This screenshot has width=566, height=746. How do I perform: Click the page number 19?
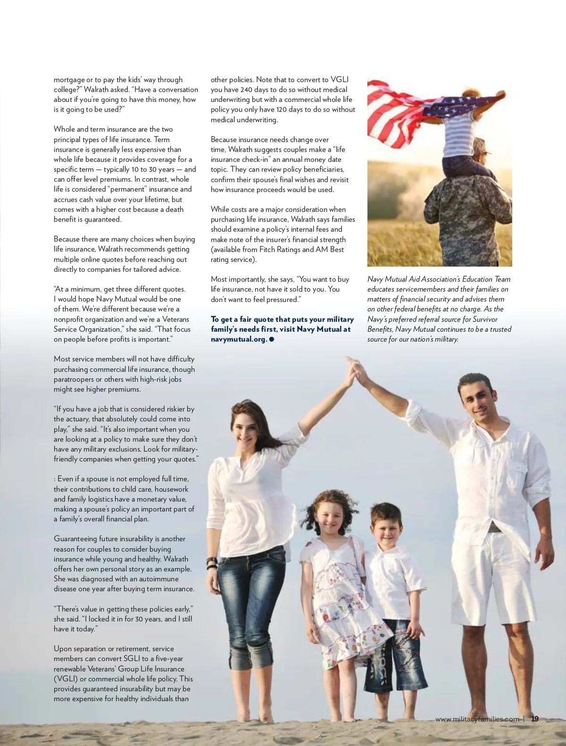coord(535,719)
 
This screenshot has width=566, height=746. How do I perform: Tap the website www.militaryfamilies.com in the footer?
coord(477,719)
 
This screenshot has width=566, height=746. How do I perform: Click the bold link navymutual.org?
coord(239,339)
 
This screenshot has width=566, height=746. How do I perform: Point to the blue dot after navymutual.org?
coord(272,339)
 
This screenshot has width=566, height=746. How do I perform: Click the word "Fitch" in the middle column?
coord(269,250)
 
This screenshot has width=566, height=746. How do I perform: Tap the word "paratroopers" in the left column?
coord(75,379)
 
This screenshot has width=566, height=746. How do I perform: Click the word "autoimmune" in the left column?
coord(159,579)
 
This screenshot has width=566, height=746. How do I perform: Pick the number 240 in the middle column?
coord(246,90)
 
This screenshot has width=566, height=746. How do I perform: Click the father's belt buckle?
coord(493,527)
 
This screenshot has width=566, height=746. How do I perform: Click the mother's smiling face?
coord(246,430)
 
